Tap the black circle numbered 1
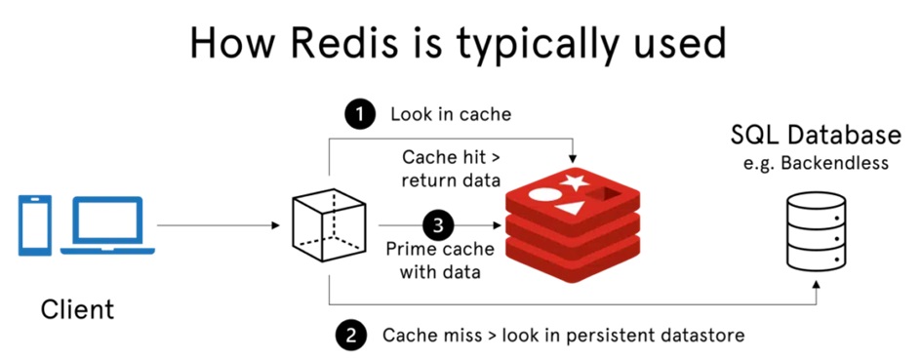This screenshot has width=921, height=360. tap(359, 114)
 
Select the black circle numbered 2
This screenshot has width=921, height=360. tap(350, 335)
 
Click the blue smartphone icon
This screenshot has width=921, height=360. tap(35, 225)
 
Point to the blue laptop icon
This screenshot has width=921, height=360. tap(107, 225)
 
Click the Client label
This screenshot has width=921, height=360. tap(77, 309)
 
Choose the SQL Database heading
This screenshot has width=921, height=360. tap(816, 135)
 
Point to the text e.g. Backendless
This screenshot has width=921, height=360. tap(816, 163)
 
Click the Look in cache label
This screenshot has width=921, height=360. tap(451, 114)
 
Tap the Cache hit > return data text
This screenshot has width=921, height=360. tap(451, 169)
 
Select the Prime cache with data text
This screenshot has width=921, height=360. tap(440, 260)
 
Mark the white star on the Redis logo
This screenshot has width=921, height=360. tap(574, 180)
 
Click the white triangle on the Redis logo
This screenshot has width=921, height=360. tap(569, 207)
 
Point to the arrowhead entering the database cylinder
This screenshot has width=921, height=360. tap(816, 284)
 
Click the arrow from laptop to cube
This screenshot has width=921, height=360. tap(219, 225)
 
